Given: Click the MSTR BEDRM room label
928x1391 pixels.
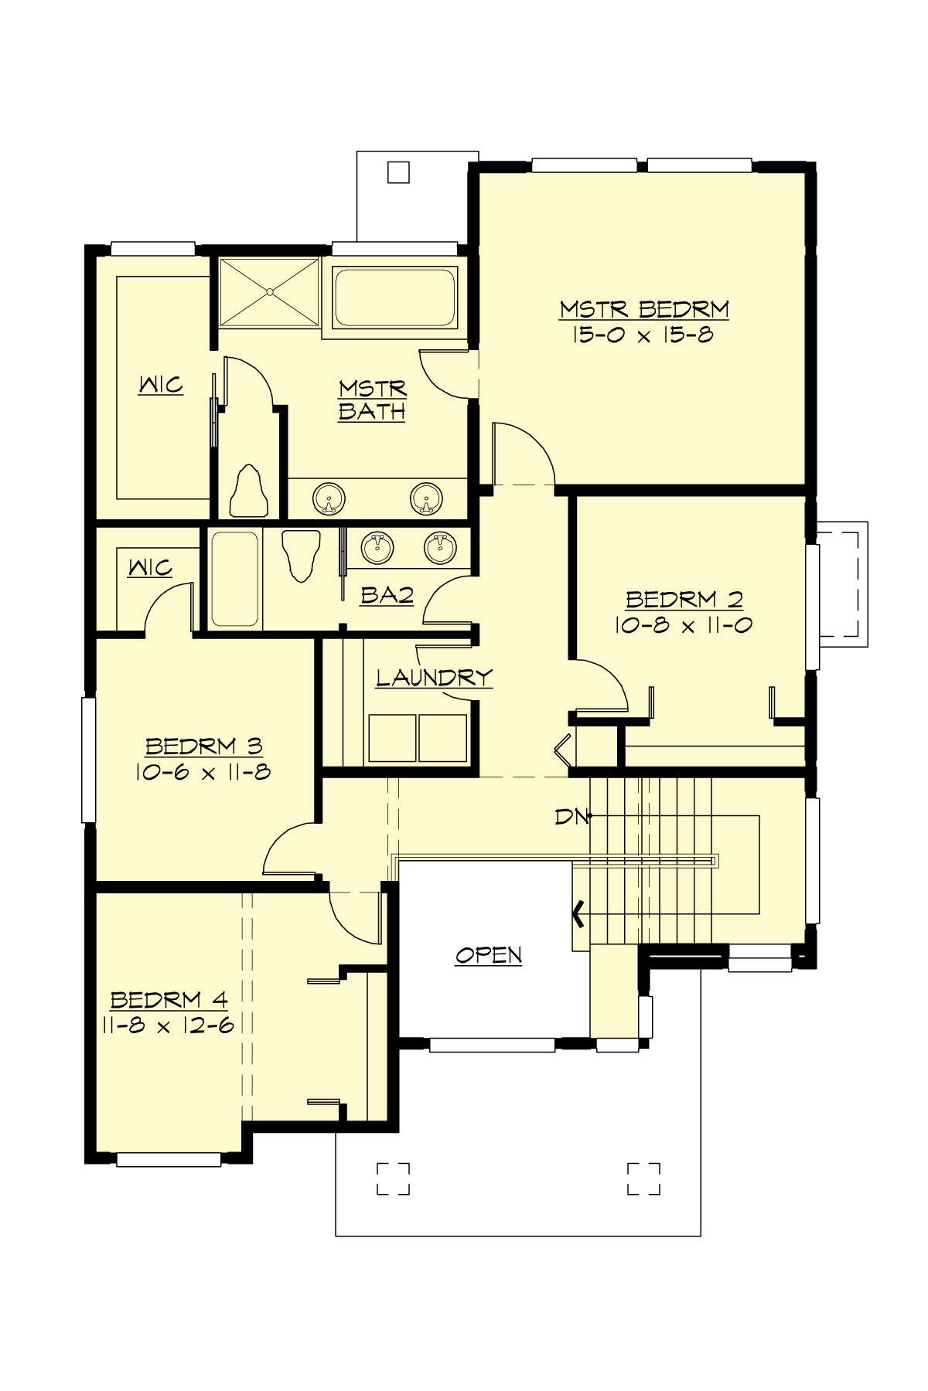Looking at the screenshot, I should pyautogui.click(x=644, y=309).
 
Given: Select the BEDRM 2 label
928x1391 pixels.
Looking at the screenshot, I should pyautogui.click(x=684, y=599).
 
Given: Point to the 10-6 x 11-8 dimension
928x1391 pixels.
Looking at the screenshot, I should pyautogui.click(x=203, y=772).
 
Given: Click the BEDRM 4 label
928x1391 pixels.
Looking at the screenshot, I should pyautogui.click(x=169, y=1000).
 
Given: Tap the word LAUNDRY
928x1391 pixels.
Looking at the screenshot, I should pyautogui.click(x=434, y=678).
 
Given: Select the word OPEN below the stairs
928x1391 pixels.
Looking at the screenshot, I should pyautogui.click(x=489, y=955).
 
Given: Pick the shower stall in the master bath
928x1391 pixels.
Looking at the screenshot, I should pyautogui.click(x=269, y=292).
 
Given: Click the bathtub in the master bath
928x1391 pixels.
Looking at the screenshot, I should pyautogui.click(x=394, y=297).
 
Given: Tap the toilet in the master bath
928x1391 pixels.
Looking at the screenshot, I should pyautogui.click(x=249, y=491).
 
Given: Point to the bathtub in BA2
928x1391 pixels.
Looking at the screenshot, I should pyautogui.click(x=235, y=579).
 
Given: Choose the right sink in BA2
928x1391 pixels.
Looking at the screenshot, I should pyautogui.click(x=439, y=547).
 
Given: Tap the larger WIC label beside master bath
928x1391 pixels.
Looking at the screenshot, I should pyautogui.click(x=161, y=384).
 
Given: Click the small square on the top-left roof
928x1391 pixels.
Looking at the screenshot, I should pyautogui.click(x=398, y=172).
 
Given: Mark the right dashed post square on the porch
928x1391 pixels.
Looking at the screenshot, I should pyautogui.click(x=643, y=1178).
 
